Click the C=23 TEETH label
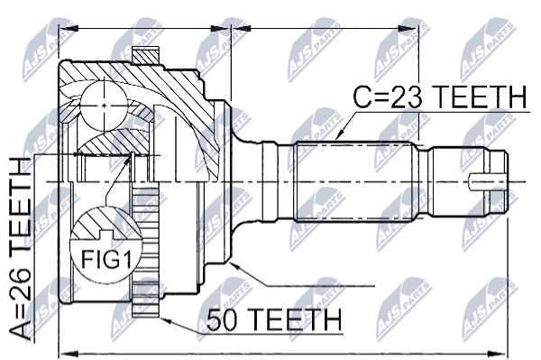(441, 97)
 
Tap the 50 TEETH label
(275, 319)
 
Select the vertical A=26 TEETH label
(20, 249)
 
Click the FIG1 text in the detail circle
(106, 259)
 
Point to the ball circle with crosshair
(104, 105)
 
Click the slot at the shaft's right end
(487, 181)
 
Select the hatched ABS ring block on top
(146, 55)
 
